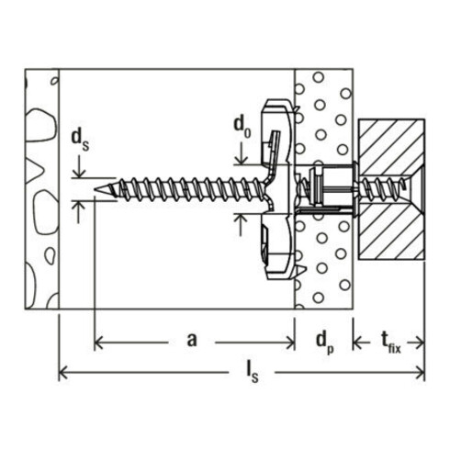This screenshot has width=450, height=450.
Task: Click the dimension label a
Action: click(192, 341)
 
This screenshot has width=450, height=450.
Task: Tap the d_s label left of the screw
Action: click(80, 140)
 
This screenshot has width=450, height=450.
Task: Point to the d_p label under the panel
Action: click(325, 342)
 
